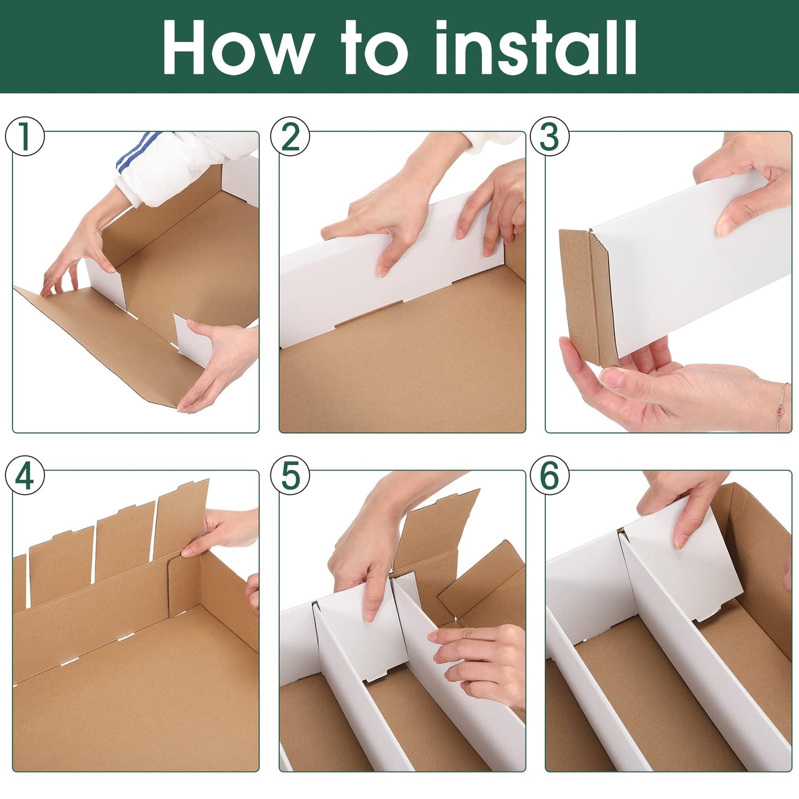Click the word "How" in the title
coord(238,47)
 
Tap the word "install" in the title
coord(536,47)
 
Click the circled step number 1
coord(24,137)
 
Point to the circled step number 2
coord(290,137)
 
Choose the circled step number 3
coord(550,137)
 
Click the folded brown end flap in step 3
coord(588,297)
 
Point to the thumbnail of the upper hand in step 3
coord(725,227)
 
